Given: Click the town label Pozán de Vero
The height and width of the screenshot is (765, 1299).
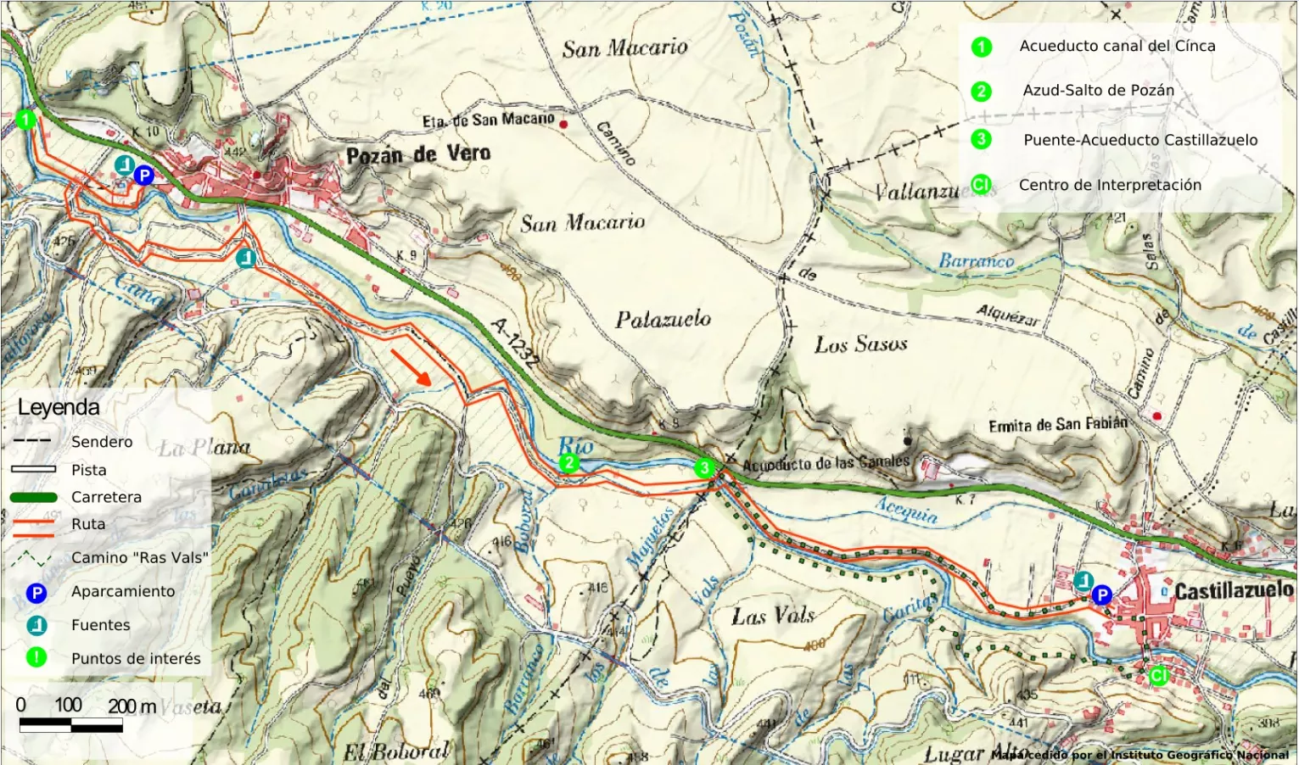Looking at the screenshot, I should tap(418, 154).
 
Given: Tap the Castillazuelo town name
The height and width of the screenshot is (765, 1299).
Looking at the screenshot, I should tap(1234, 590).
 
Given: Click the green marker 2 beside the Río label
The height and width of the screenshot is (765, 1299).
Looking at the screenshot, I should tap(568, 463).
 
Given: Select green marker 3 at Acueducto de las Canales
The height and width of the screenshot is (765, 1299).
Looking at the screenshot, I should tap(704, 467).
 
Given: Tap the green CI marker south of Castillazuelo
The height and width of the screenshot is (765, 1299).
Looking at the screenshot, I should tap(1158, 676).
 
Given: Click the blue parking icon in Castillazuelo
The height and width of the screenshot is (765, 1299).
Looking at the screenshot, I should tap(1101, 595).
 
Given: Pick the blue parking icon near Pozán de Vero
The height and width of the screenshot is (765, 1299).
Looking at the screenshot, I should tap(144, 176).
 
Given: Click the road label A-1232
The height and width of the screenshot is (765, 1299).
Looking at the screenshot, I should tap(514, 343).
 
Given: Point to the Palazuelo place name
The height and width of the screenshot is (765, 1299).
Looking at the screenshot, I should tap(663, 320).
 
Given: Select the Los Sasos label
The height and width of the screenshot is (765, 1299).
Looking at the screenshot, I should tap(860, 344).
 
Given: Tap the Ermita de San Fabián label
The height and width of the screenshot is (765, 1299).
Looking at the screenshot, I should tap(1057, 424).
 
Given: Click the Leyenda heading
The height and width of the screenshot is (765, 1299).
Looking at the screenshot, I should tap(59, 407).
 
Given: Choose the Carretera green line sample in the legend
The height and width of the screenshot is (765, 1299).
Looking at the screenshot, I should tap(34, 498).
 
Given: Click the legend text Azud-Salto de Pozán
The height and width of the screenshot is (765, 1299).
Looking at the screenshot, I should tap(1098, 90).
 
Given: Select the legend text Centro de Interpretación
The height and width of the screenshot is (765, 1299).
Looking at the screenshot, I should tap(1110, 185).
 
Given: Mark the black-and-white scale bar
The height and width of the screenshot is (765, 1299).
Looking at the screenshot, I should tap(71, 725).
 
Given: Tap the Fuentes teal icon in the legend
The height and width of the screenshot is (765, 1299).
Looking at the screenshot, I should tap(36, 626).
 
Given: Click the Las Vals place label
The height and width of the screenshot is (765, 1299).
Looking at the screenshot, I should tap(773, 616).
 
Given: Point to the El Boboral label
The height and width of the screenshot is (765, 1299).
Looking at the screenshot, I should tap(395, 751).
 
